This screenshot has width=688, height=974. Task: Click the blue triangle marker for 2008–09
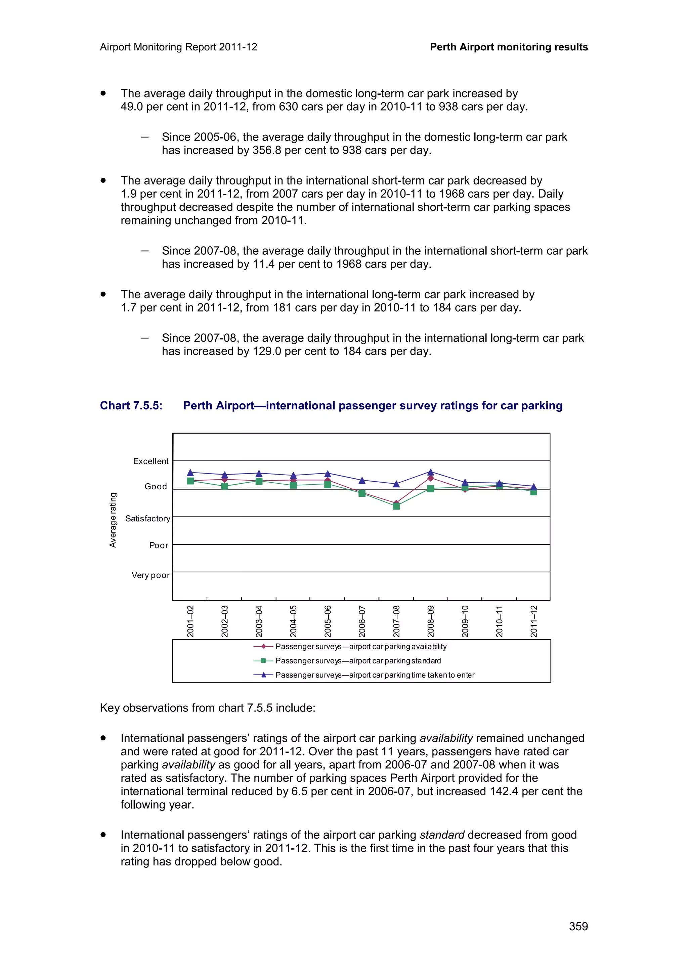click(x=430, y=472)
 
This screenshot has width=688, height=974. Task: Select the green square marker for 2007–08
click(x=396, y=506)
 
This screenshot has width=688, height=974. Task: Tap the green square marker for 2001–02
click(x=190, y=481)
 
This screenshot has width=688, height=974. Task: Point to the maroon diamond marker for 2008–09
click(x=430, y=478)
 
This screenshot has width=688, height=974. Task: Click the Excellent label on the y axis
click(x=150, y=461)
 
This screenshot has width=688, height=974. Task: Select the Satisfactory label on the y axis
click(x=147, y=518)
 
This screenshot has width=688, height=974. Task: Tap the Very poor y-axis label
click(x=150, y=575)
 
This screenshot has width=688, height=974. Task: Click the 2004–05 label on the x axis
click(x=293, y=621)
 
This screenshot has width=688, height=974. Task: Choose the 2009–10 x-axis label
click(x=465, y=621)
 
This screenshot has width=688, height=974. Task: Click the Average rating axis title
click(x=113, y=520)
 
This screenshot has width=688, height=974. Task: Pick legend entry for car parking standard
click(x=358, y=661)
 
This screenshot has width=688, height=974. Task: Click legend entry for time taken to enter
click(x=375, y=675)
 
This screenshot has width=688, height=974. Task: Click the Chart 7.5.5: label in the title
click(x=131, y=406)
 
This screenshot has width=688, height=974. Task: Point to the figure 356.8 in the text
click(x=267, y=150)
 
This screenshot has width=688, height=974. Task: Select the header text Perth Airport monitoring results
click(x=509, y=47)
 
